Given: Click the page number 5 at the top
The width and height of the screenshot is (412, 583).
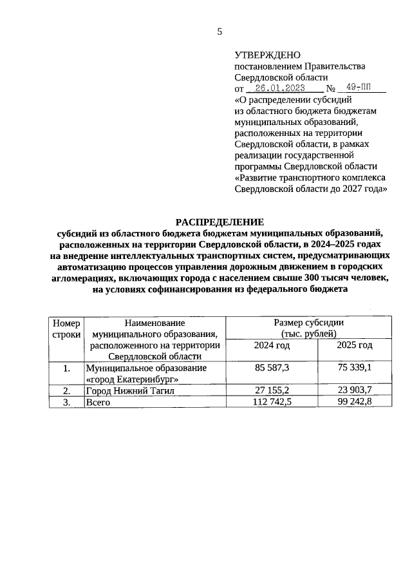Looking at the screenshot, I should (x=220, y=32).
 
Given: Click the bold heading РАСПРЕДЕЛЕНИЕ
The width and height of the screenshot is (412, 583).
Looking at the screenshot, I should (x=220, y=222).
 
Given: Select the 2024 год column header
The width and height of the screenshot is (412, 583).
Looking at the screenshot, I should (x=272, y=345).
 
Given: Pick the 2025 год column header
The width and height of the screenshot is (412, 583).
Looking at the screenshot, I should (x=355, y=345).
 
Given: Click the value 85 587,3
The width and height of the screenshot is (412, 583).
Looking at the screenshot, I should (x=272, y=368).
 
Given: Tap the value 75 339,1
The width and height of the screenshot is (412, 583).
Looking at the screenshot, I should (x=355, y=368).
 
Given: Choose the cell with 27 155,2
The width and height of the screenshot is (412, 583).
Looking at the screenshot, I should (x=272, y=390).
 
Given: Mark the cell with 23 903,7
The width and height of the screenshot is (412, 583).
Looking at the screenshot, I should (x=355, y=390).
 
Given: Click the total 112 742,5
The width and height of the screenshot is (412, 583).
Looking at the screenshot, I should (x=272, y=402).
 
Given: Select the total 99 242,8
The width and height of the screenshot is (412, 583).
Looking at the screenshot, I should (x=355, y=402).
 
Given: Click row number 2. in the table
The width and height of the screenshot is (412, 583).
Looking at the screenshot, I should (x=66, y=390).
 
